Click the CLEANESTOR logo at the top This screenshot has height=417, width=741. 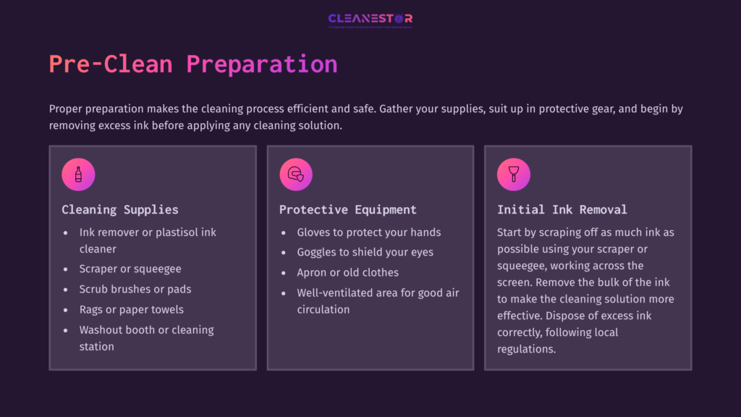(x=370, y=20)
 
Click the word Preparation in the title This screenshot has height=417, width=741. (x=261, y=64)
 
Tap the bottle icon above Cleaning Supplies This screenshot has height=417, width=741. (x=78, y=174)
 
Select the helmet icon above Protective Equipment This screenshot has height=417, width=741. (x=296, y=174)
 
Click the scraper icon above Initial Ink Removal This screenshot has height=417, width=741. (x=514, y=174)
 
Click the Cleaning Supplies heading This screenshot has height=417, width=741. (x=120, y=210)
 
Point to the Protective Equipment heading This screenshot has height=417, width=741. (x=348, y=210)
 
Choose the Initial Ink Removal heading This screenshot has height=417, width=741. (x=562, y=210)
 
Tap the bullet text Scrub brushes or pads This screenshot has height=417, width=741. (x=135, y=289)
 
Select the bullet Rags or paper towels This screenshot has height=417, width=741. (x=132, y=309)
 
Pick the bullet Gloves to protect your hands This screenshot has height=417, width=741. (x=369, y=232)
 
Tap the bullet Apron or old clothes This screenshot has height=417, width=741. (x=348, y=272)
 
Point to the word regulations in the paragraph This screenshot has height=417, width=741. (x=526, y=349)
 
